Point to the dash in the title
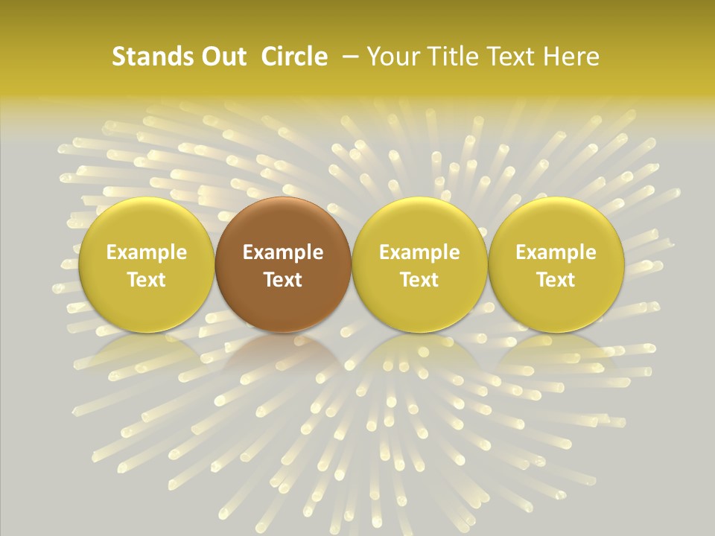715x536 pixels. (348, 57)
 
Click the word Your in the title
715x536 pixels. (391, 57)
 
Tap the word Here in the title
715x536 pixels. (570, 57)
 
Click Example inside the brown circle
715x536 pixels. (283, 252)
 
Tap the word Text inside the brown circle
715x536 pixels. (283, 280)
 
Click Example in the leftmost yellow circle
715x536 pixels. (146, 252)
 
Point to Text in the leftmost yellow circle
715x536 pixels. (146, 280)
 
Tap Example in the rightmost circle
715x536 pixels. (556, 252)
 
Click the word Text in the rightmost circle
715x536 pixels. (556, 280)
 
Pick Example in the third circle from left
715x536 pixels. (419, 252)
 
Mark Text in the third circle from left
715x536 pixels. (419, 280)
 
